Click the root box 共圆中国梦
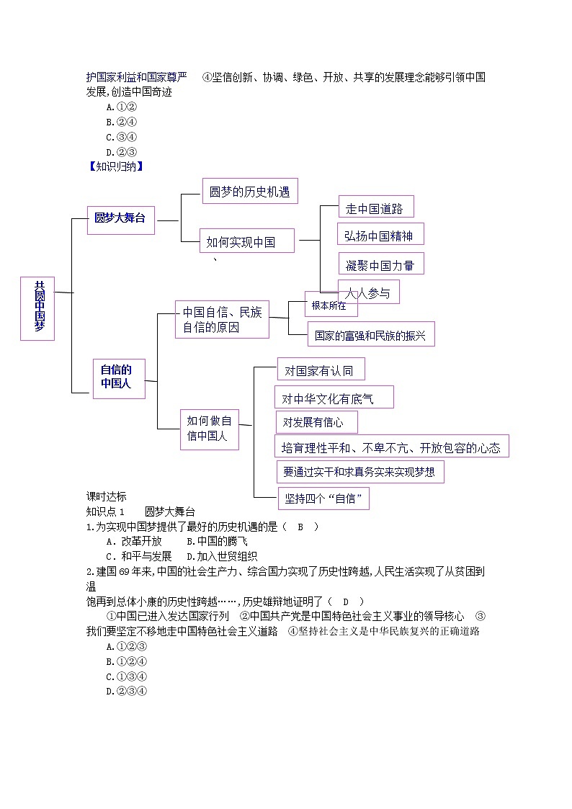click(37, 308)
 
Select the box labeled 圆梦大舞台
click(120, 218)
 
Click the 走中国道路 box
click(375, 209)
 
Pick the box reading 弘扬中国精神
click(380, 235)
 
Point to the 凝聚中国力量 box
click(380, 264)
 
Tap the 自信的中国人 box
click(118, 378)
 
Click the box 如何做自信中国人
click(209, 429)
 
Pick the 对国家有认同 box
click(320, 370)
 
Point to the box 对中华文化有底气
click(334, 398)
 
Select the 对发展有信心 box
click(316, 422)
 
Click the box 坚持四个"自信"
click(323, 498)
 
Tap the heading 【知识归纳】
click(115, 166)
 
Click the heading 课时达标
click(106, 496)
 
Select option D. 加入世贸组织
click(222, 556)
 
